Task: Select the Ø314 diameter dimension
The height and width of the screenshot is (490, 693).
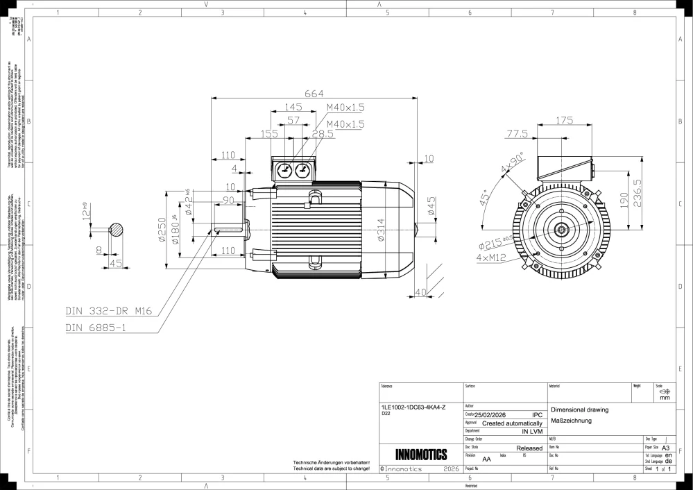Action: [381, 230]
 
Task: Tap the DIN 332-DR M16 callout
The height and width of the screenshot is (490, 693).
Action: [108, 311]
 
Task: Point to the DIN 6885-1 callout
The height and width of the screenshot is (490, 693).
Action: [95, 328]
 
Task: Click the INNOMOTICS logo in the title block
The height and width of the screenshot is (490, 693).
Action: [421, 455]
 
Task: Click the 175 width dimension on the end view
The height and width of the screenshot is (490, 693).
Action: [564, 121]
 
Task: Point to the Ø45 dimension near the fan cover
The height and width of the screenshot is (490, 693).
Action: [431, 208]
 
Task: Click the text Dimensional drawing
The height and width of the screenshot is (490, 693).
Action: [579, 409]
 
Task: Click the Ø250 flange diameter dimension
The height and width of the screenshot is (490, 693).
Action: [162, 230]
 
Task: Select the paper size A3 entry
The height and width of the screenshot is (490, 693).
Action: [666, 448]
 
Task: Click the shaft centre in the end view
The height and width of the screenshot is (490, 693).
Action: [560, 229]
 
